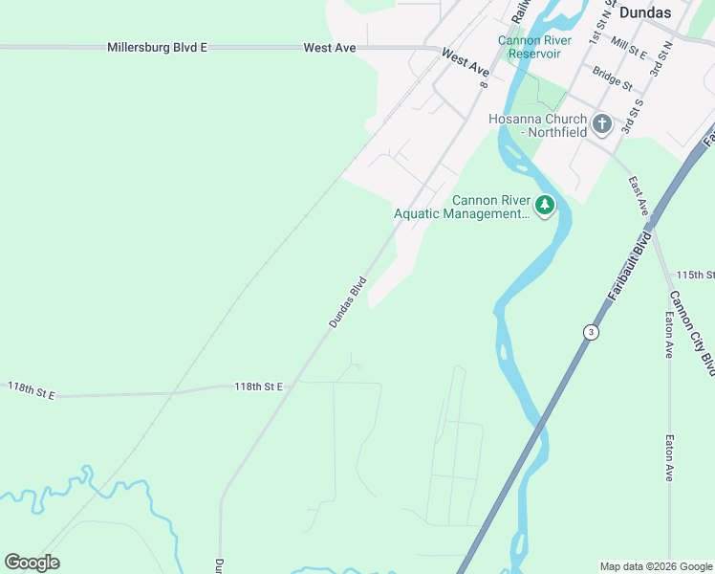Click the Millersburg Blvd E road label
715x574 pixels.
click(x=157, y=47)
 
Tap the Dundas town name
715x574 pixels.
click(x=645, y=12)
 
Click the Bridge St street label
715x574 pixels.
click(x=612, y=78)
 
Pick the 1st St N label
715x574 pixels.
click(x=598, y=29)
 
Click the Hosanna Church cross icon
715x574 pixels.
click(x=602, y=123)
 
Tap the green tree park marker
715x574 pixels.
click(x=545, y=205)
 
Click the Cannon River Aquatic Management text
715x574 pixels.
click(x=463, y=207)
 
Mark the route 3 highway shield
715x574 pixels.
click(x=591, y=332)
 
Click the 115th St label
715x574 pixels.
click(x=695, y=275)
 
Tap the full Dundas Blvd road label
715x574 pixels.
click(x=348, y=302)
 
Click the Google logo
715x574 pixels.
click(x=32, y=563)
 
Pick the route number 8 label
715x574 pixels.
click(x=485, y=85)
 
